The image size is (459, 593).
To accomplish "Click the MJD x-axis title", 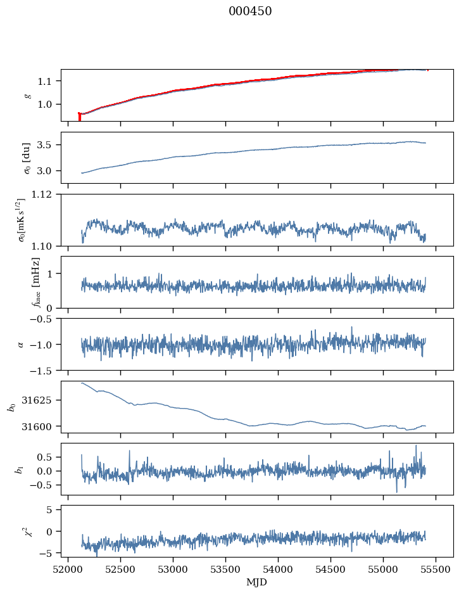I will click(256, 582).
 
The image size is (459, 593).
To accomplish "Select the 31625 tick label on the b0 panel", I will click(42, 400).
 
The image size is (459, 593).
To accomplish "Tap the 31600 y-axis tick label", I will click(42, 426).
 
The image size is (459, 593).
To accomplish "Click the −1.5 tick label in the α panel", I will click(44, 370).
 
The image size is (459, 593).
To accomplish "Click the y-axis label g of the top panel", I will click(27, 95).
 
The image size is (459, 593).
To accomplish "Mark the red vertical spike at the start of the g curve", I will click(79, 117).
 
